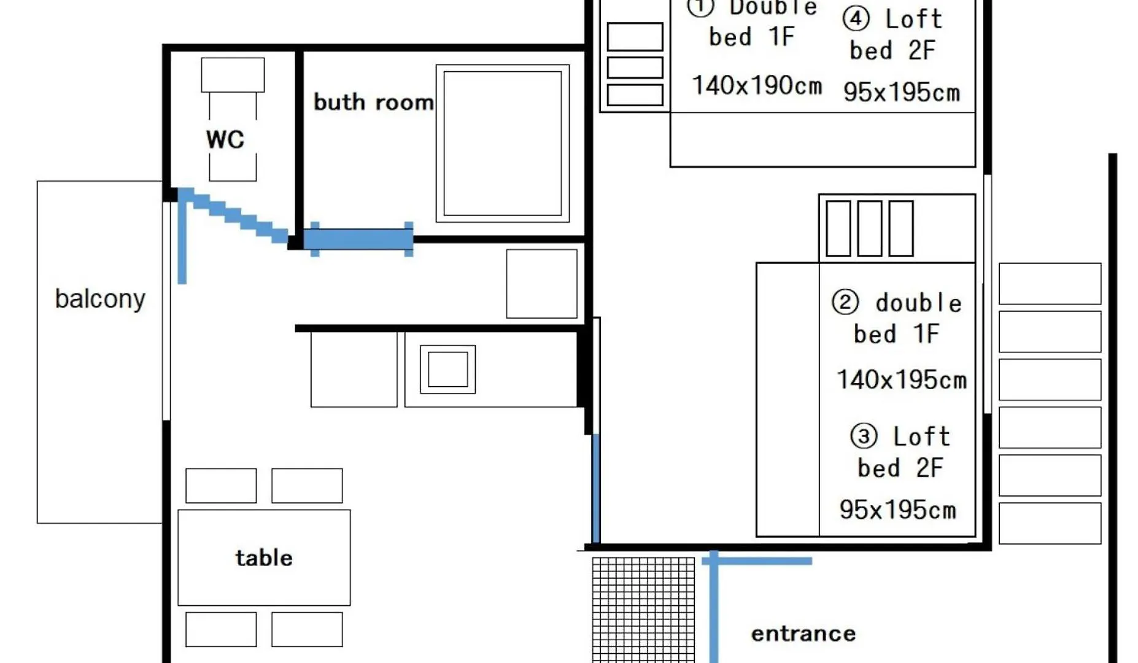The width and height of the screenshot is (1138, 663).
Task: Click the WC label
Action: [225, 139]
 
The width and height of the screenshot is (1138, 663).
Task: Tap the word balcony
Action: [100, 299]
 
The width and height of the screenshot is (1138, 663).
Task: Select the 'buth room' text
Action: [373, 102]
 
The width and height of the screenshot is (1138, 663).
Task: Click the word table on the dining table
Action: [264, 557]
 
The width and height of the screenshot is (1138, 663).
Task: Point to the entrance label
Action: [803, 634]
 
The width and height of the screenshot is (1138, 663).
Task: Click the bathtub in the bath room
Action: [502, 144]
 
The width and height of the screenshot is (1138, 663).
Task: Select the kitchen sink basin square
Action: [447, 370]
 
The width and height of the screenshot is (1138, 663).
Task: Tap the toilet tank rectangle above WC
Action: [233, 75]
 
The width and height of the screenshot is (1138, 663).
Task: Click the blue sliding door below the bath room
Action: [359, 239]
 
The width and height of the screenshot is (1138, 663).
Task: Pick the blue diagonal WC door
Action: [233, 215]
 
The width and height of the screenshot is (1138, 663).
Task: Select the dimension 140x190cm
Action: [757, 86]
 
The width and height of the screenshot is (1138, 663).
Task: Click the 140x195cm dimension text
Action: [901, 380]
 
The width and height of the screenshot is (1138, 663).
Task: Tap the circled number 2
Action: [845, 302]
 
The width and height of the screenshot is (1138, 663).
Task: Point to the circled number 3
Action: [864, 436]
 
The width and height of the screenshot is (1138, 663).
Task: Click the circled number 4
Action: [856, 18]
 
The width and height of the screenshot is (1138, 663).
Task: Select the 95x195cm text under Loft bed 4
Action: [901, 93]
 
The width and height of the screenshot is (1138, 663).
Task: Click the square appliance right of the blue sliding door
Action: [541, 284]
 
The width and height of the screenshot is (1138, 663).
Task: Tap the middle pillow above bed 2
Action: [869, 228]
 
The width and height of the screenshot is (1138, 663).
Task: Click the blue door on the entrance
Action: [714, 608]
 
